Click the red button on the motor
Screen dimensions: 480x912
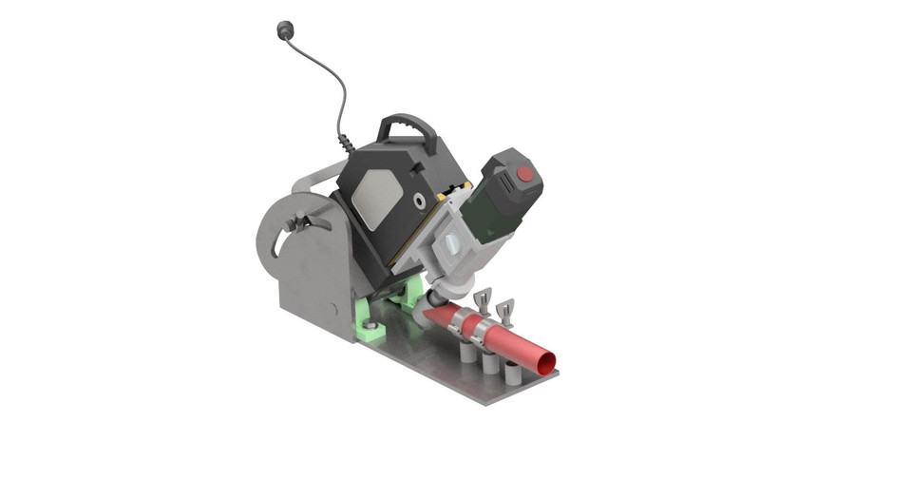pos(524,174)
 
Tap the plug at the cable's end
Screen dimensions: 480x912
pos(283,29)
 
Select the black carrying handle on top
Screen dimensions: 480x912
pos(408,127)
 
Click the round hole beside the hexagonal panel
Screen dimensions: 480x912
pos(419,202)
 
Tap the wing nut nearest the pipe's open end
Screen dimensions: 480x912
pos(503,309)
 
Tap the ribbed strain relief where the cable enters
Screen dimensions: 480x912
pos(346,142)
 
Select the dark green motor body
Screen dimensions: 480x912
pos(494,209)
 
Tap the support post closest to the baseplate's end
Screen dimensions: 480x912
pos(512,374)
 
